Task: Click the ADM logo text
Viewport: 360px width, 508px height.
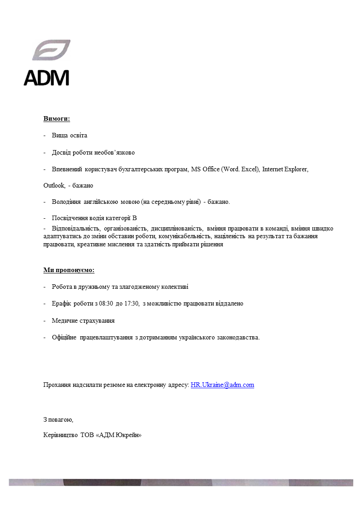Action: point(47,77)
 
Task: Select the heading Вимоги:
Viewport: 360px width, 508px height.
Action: point(57,119)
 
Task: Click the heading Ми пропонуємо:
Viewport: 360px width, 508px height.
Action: point(69,270)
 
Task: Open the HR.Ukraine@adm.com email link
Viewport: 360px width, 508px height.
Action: point(223,385)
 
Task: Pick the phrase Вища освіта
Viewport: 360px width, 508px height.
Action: point(69,136)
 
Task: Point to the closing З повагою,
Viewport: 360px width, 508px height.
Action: point(58,420)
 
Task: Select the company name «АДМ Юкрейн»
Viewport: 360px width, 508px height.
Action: point(119,436)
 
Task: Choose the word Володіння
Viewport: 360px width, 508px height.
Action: point(66,202)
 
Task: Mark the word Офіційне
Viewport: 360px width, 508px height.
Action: point(64,337)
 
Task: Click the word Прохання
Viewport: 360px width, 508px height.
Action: point(57,385)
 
